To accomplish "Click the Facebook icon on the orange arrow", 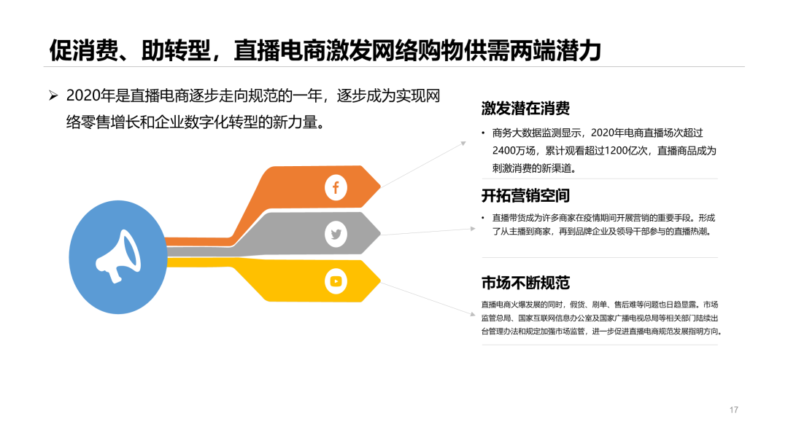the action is tap(336, 187).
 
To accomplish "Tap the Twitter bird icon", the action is tap(336, 235).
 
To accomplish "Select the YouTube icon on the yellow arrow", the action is tap(336, 281).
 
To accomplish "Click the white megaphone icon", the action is tap(118, 256).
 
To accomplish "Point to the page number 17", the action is tap(734, 410).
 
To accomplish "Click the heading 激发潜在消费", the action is tap(525, 109).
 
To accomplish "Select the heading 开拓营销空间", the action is tap(525, 196).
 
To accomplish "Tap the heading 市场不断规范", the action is tap(525, 283).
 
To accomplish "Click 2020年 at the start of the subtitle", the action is tap(91, 95).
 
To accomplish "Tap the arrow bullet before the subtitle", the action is tap(53, 95).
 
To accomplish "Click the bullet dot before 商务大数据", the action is tap(483, 133).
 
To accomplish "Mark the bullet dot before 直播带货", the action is tap(483, 218).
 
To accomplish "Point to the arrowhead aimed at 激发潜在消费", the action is tap(464, 144).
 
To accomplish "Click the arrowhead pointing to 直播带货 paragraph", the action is tap(473, 229).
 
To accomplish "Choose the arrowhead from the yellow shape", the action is tap(472, 314).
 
